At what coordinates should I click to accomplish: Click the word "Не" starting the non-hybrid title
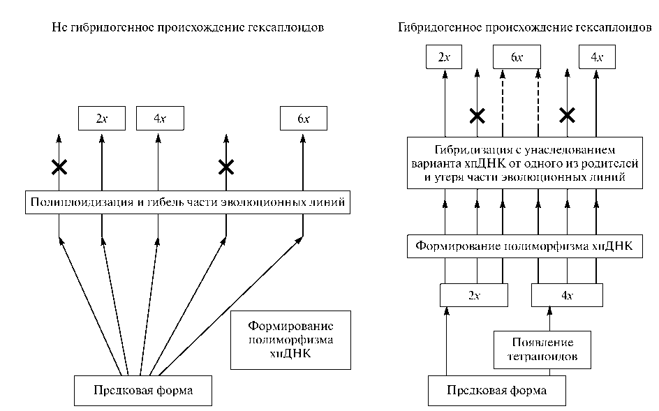pyautogui.click(x=59, y=28)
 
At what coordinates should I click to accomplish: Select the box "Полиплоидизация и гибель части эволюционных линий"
pyautogui.click(x=186, y=203)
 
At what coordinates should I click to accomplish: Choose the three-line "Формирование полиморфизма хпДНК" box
pyautogui.click(x=281, y=340)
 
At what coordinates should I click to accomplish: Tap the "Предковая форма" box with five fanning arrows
pyautogui.click(x=142, y=391)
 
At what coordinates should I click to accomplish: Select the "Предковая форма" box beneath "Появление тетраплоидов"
pyautogui.click(x=496, y=391)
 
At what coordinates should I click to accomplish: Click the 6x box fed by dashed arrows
pyautogui.click(x=517, y=57)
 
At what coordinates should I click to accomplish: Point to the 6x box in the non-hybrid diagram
pyautogui.click(x=303, y=119)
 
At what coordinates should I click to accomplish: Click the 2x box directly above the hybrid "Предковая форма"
pyautogui.click(x=474, y=295)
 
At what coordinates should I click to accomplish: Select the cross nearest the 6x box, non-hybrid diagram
pyautogui.click(x=225, y=167)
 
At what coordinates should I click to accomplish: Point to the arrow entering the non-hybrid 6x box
pyautogui.click(x=303, y=160)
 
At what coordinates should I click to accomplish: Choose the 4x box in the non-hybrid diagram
pyautogui.click(x=160, y=119)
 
